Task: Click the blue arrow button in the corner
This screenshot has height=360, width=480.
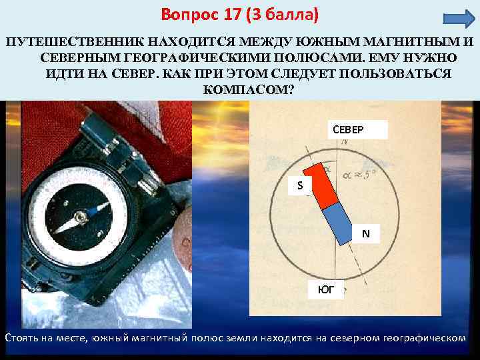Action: point(457,18)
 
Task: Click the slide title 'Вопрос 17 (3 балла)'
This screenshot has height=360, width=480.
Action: point(240,14)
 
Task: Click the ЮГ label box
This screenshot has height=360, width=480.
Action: point(325,289)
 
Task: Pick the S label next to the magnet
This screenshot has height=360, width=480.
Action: point(300,185)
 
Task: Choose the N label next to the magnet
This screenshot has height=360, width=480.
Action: point(365,233)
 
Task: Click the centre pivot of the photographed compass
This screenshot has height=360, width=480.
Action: point(82,216)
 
